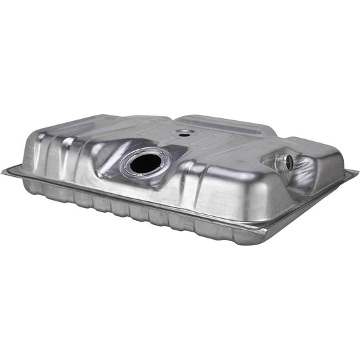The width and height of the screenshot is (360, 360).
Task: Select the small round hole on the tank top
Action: pyautogui.click(x=183, y=132)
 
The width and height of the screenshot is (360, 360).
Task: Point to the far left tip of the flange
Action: pyautogui.click(x=4, y=171)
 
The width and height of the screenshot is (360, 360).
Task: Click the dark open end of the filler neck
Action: pyautogui.click(x=288, y=162)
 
